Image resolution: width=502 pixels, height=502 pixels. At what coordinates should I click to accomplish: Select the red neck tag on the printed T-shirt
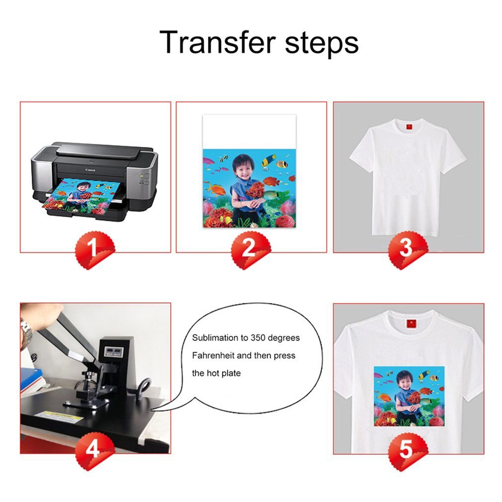click(411, 324)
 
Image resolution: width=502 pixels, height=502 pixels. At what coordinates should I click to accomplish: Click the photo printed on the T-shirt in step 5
click(409, 396)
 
